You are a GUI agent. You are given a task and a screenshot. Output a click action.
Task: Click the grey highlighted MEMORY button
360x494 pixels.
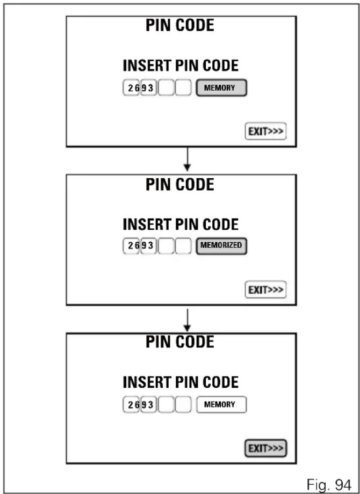pyautogui.click(x=221, y=88)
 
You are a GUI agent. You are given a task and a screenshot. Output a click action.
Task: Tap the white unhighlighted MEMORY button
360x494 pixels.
pyautogui.click(x=221, y=404)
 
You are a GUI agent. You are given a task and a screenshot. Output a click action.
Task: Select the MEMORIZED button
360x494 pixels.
pyautogui.click(x=221, y=246)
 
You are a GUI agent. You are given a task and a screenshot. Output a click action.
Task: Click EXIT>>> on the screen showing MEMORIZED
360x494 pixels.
pyautogui.click(x=265, y=289)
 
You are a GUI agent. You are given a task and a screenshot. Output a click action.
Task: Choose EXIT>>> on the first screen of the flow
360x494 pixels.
pyautogui.click(x=265, y=131)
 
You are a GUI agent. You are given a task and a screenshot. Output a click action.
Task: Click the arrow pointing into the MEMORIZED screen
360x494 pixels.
pyautogui.click(x=187, y=159)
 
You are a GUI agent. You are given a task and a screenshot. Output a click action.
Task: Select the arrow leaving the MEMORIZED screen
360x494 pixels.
pyautogui.click(x=187, y=320)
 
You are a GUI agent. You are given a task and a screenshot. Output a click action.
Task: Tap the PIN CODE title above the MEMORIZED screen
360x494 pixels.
pyautogui.click(x=179, y=185)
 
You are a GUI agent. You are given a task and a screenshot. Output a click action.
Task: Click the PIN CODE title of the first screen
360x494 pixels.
pyautogui.click(x=179, y=25)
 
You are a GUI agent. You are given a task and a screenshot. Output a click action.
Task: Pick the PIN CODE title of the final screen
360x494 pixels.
pyautogui.click(x=179, y=342)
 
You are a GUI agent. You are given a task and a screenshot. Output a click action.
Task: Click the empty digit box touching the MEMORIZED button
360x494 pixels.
pyautogui.click(x=183, y=246)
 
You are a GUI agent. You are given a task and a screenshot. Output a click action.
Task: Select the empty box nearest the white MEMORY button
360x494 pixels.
pyautogui.click(x=183, y=404)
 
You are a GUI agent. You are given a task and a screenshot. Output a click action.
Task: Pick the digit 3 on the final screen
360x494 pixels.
pyautogui.click(x=150, y=404)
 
